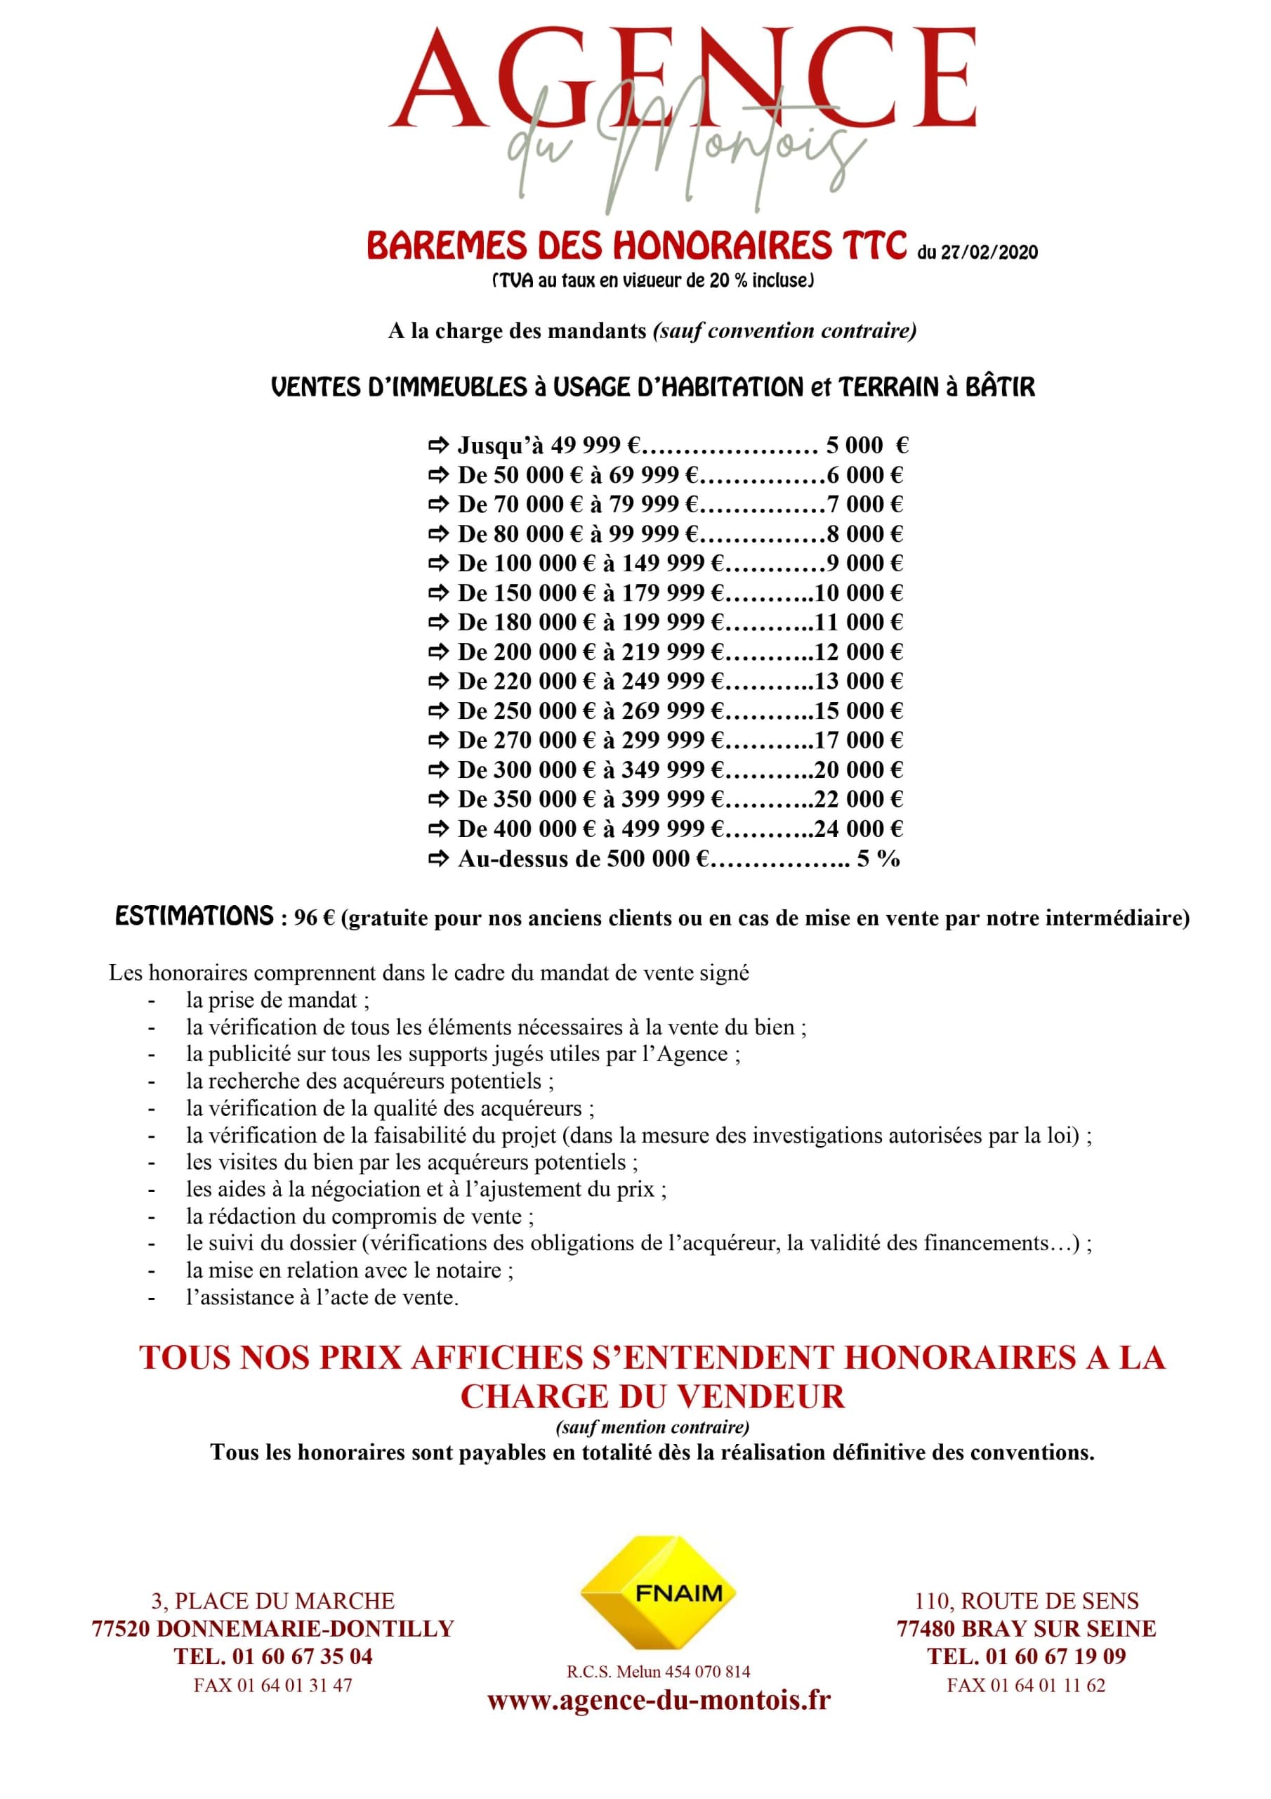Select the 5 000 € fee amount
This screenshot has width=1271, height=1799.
(866, 446)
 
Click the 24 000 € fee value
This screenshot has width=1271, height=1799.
(858, 829)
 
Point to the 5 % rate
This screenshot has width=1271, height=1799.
(878, 859)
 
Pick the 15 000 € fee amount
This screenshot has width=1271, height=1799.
(858, 710)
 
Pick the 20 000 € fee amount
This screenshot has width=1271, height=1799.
(858, 769)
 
